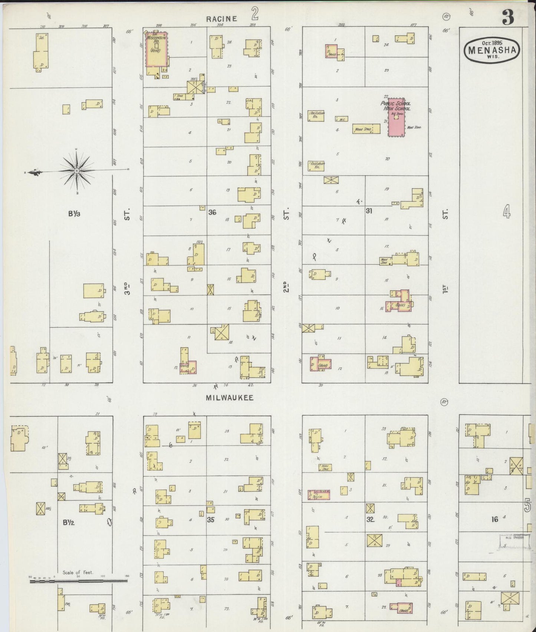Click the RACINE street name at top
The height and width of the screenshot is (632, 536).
(x=222, y=19)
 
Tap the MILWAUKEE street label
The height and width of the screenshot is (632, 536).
(x=230, y=398)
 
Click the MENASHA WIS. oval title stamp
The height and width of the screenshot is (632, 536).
(x=492, y=50)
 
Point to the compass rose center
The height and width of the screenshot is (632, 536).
(x=76, y=171)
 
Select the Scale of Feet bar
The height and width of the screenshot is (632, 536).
(x=79, y=579)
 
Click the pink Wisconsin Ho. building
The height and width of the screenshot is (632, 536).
(x=156, y=49)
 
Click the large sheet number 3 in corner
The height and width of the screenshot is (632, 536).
(x=508, y=17)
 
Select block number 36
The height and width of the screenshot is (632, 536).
(x=212, y=212)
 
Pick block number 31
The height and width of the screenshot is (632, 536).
(x=369, y=211)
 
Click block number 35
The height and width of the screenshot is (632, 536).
(x=210, y=519)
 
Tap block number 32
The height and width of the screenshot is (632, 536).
(x=370, y=519)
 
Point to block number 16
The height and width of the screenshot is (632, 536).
(x=494, y=519)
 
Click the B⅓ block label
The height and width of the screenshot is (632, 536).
(x=74, y=214)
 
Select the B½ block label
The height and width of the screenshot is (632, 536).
(x=68, y=523)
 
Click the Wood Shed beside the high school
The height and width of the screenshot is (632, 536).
(x=366, y=129)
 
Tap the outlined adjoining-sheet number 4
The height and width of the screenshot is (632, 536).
(x=507, y=212)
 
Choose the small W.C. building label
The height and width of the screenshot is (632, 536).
(x=341, y=119)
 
